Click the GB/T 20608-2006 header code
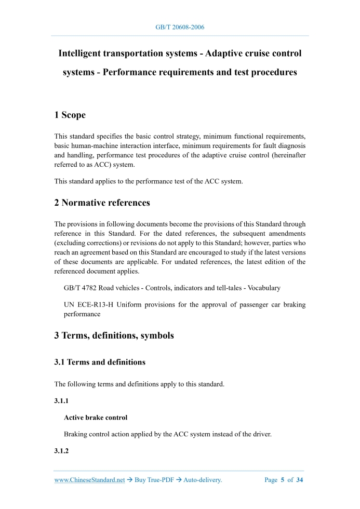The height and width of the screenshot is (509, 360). pos(180,27)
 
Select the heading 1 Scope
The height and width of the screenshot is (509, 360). pos(70,115)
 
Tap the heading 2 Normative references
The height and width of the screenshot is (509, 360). pos(102,203)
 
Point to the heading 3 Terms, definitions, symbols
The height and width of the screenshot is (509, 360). pos(114,336)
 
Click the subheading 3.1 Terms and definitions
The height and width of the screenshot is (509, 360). pos(100,362)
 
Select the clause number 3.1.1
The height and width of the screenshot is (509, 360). pos(61,401)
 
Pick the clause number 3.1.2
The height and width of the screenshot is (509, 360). pos(61,451)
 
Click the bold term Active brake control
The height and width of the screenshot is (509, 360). pos(96,418)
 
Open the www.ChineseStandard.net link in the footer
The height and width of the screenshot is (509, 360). pos(89,480)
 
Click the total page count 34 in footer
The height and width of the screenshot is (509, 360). pos(299,480)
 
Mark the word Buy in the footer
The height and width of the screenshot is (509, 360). pos(140,480)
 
